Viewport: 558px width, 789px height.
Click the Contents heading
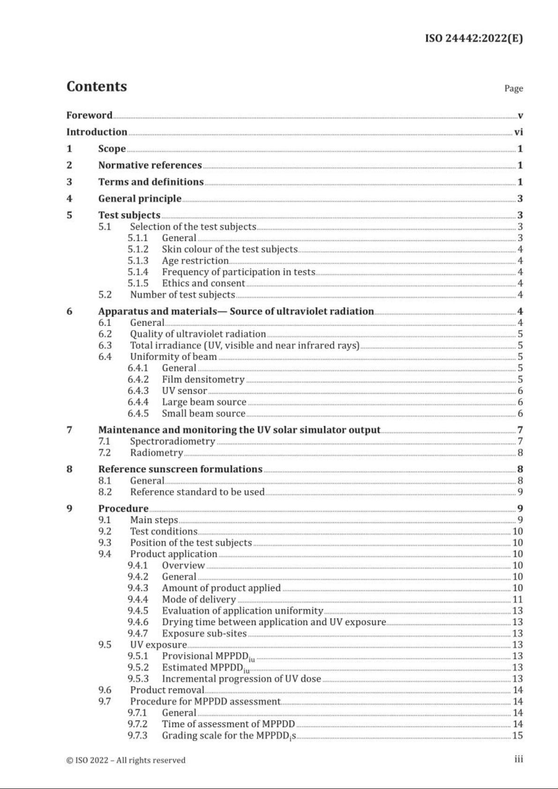(97, 87)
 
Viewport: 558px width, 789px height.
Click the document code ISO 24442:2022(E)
(474, 38)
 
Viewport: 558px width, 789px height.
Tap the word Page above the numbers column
(513, 88)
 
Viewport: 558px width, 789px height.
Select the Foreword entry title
(89, 115)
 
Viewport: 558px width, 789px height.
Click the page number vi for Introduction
(518, 132)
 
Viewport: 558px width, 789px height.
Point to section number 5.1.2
(138, 249)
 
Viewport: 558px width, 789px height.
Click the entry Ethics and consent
(203, 283)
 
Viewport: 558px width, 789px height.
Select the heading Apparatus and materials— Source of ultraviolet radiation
(236, 311)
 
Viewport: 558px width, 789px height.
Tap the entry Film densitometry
(203, 379)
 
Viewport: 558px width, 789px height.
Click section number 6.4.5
(138, 413)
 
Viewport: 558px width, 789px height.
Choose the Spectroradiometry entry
(172, 441)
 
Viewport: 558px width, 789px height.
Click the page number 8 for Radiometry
(520, 453)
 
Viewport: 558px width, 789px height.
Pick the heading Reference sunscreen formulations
(180, 469)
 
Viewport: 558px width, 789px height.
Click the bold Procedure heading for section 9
(123, 509)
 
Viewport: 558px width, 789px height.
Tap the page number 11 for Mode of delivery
(517, 599)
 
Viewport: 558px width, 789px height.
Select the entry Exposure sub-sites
(204, 634)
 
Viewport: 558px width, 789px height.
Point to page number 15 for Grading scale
(517, 735)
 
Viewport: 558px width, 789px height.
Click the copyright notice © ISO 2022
(126, 760)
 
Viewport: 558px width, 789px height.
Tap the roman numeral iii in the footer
(519, 760)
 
